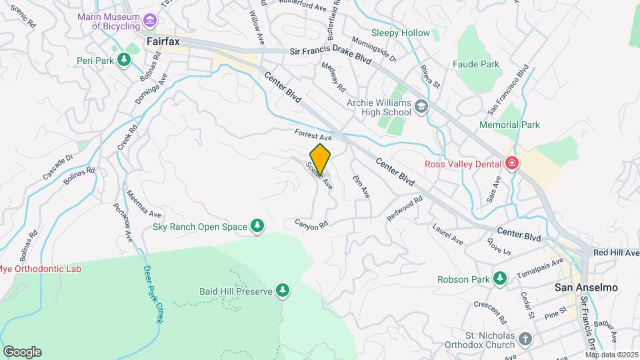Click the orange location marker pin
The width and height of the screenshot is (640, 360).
[321, 159]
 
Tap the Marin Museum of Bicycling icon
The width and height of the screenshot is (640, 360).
[149, 21]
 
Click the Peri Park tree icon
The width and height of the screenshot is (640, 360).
[123, 61]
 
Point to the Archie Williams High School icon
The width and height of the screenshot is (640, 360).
[421, 107]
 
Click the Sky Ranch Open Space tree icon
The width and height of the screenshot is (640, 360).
[257, 227]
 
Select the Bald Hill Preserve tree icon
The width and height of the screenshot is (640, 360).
[283, 291]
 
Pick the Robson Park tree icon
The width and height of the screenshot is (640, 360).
[499, 279]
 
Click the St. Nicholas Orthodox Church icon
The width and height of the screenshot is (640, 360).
[525, 339]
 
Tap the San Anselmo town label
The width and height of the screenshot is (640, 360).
[587, 287]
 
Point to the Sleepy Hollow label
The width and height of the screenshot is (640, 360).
[401, 33]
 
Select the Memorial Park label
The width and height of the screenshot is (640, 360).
[509, 125]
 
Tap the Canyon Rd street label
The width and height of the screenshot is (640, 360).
[311, 225]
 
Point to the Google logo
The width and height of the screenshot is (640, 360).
[22, 351]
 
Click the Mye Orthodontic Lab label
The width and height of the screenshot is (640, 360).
[40, 269]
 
